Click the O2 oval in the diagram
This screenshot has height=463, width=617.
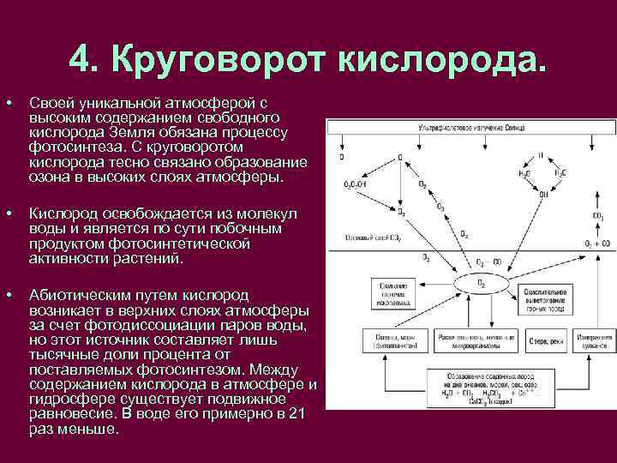(480, 283)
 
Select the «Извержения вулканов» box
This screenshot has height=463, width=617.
(591, 340)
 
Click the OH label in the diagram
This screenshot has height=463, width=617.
(542, 193)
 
